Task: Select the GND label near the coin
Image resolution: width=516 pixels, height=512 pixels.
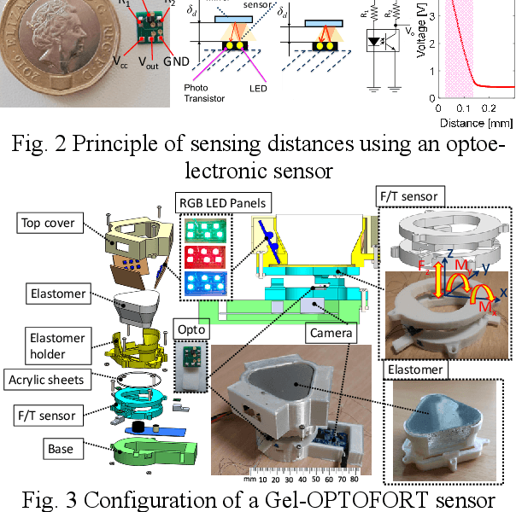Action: tap(175, 61)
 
